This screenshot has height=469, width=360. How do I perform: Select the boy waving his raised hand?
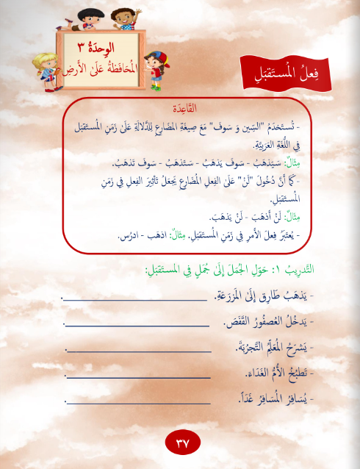[126, 15]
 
